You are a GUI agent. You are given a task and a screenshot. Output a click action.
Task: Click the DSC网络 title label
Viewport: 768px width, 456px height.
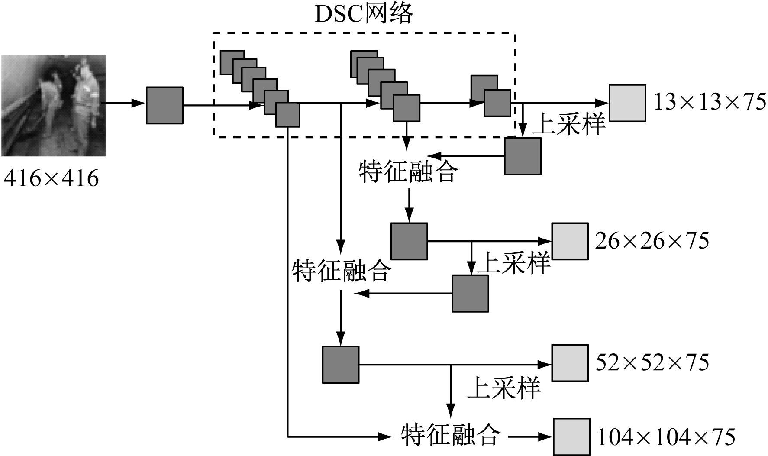pos(364,14)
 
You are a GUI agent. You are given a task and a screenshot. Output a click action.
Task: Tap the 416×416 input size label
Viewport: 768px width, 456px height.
pos(52,178)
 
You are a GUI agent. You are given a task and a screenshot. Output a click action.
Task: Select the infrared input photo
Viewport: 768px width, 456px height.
pos(54,105)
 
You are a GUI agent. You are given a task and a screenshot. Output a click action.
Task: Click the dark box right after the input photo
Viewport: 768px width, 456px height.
pos(165,105)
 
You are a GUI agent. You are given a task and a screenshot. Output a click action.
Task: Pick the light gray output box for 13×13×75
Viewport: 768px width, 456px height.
pos(627,103)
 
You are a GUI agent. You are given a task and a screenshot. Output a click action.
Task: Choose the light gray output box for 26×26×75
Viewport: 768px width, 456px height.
pos(570,241)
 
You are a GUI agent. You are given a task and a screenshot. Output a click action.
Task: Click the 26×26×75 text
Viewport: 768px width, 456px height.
pos(652,241)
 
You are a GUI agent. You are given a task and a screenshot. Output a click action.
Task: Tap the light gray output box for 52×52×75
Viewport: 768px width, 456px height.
pos(570,363)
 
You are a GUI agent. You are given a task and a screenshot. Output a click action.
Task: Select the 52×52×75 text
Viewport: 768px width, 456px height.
pos(652,363)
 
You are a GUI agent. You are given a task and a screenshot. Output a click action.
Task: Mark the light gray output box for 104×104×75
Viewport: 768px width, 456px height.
pos(571,437)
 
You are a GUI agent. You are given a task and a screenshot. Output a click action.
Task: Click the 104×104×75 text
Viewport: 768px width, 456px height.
pos(666,437)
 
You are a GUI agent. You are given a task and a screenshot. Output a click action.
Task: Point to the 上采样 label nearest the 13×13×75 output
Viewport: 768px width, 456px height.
pos(568,124)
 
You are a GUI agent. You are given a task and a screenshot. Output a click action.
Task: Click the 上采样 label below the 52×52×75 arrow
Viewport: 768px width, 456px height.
pos(504,388)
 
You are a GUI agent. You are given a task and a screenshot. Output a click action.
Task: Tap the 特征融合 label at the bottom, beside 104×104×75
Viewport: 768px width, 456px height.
pos(451,435)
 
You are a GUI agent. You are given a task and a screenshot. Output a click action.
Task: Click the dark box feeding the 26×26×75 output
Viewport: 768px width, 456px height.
pos(409,241)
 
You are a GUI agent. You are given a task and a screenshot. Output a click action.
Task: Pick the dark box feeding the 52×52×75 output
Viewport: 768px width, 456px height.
pos(341,364)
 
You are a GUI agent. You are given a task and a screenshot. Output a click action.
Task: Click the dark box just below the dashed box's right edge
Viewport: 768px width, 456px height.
pos(523,156)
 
